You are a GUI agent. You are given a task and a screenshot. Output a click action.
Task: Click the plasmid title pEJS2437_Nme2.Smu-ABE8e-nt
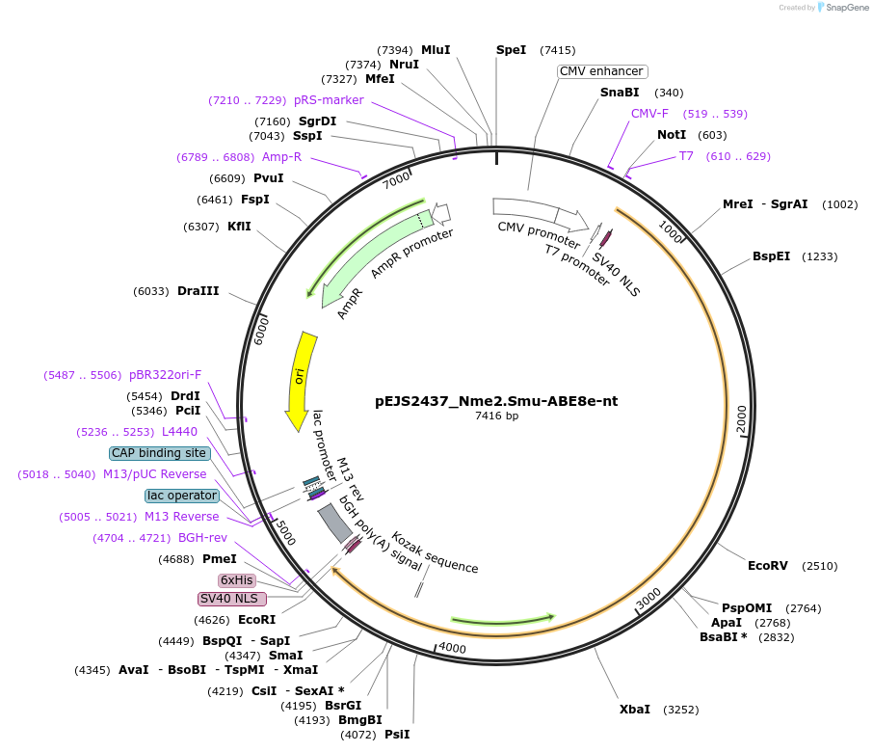[496, 401]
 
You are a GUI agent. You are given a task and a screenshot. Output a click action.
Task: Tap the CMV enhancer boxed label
[601, 71]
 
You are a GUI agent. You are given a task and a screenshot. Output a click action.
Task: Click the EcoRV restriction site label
[767, 566]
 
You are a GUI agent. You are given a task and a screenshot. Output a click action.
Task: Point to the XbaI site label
[634, 710]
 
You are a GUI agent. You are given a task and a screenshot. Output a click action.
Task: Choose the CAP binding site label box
[159, 453]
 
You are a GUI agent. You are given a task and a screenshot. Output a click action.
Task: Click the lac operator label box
[182, 496]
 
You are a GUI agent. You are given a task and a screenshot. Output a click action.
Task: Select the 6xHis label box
[236, 580]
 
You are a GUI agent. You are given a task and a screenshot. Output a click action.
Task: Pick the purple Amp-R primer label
[281, 157]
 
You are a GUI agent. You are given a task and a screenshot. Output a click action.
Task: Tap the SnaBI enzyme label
[620, 93]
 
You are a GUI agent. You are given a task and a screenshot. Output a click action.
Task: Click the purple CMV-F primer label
[649, 114]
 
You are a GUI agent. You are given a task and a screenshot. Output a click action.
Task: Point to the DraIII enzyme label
[198, 291]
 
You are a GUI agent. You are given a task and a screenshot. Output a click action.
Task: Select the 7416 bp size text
[496, 416]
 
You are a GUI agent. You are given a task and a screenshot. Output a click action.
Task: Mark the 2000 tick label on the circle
[741, 419]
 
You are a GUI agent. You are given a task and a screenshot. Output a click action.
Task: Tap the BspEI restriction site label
[771, 257]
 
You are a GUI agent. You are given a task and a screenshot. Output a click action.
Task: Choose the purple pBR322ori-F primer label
[166, 375]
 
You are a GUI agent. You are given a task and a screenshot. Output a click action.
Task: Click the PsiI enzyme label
[397, 735]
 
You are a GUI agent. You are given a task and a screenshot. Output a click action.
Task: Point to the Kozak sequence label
[435, 553]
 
